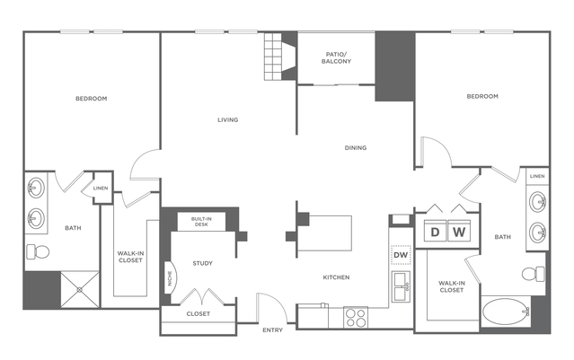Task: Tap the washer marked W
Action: (x=459, y=233)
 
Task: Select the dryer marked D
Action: (x=436, y=233)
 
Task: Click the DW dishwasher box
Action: (x=401, y=256)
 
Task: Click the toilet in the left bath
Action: (x=37, y=250)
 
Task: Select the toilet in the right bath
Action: (x=534, y=272)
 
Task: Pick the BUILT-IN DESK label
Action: (x=202, y=221)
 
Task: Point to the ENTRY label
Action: (x=272, y=330)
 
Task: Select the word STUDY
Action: (x=202, y=263)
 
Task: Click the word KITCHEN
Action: (x=335, y=277)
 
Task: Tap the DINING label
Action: (x=355, y=147)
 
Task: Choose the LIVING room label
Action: (x=227, y=119)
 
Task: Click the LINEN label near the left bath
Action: (x=101, y=188)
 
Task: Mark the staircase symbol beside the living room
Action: (x=272, y=57)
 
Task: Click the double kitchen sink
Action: (x=401, y=286)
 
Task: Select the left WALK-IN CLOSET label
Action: (x=131, y=258)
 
